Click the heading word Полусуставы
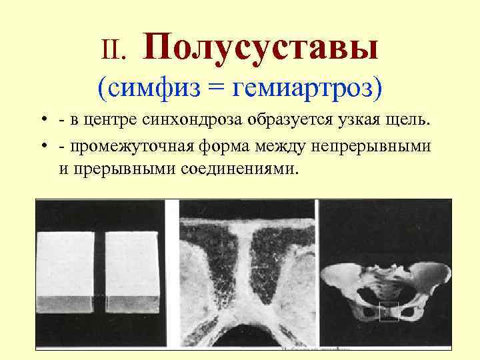tap(261, 47)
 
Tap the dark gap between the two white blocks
tap(100, 273)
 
